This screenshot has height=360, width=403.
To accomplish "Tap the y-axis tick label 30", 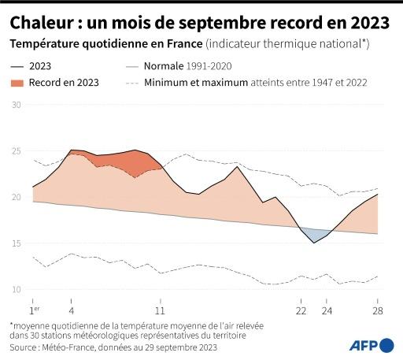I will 16,104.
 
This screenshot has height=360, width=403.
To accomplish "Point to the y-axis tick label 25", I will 16,150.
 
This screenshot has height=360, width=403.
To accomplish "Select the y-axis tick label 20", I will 16,197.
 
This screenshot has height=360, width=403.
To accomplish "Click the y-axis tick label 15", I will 16,243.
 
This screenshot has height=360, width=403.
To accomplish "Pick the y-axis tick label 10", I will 16,289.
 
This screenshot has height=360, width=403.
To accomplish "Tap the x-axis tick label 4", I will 72,301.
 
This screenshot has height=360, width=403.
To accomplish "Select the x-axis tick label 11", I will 161,301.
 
